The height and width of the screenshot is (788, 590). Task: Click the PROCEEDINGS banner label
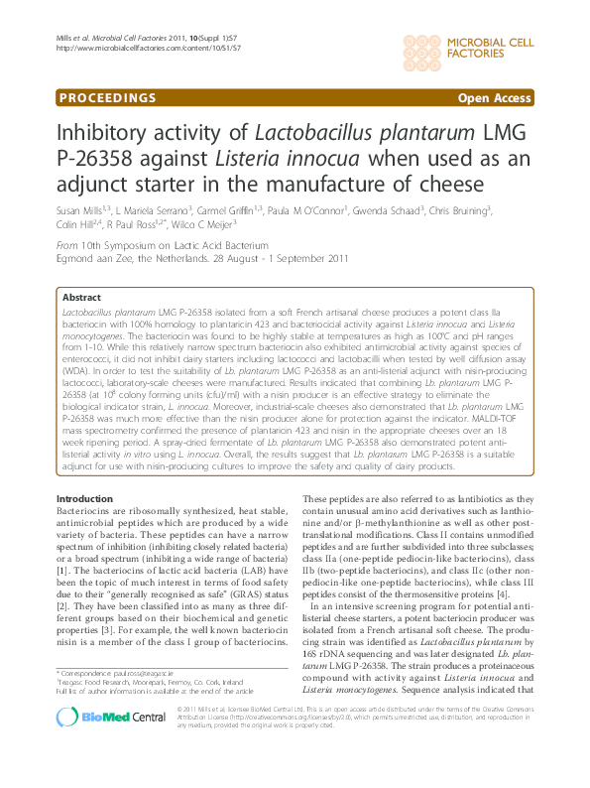click(x=107, y=97)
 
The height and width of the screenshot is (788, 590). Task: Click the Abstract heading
click(x=81, y=297)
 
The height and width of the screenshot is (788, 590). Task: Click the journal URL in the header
click(x=149, y=48)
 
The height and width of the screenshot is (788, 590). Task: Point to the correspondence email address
click(x=153, y=701)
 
